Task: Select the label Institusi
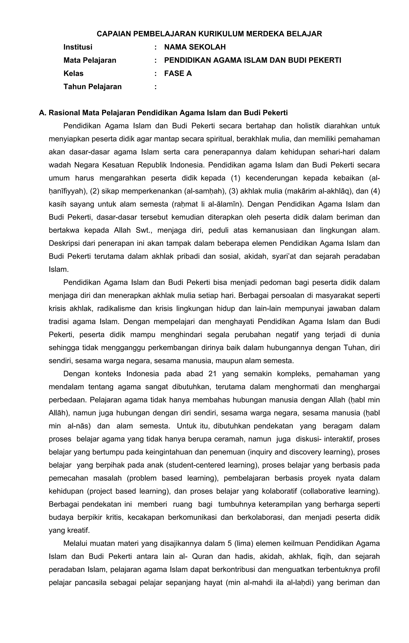[78, 47]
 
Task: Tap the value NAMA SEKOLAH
[195, 47]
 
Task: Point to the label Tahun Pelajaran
[92, 87]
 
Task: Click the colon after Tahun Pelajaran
[155, 87]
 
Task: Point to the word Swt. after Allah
[144, 230]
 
